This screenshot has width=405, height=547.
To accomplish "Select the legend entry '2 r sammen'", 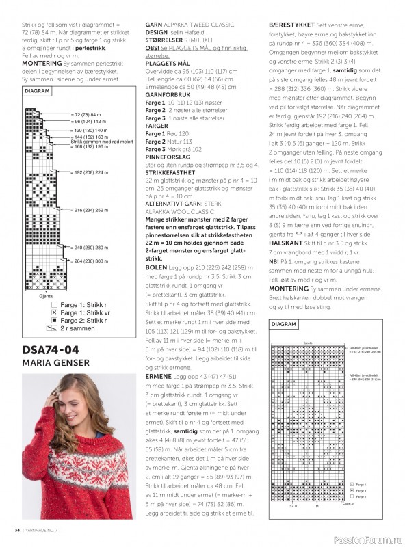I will (75, 328).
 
